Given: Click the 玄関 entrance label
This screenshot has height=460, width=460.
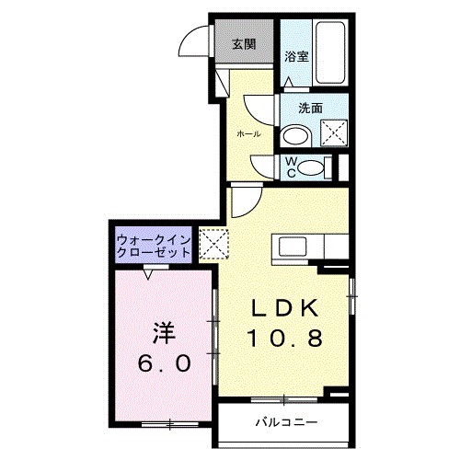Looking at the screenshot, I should coord(243,44).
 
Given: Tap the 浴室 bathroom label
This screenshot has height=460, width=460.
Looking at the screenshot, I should coord(296,55).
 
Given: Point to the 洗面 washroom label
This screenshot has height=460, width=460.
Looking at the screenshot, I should coord(310,108).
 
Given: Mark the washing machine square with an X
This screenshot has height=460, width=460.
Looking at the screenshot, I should coord(333,132).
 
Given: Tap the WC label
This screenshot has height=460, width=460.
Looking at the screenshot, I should coord(290,167).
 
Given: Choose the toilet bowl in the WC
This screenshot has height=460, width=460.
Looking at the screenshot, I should coord(313,167).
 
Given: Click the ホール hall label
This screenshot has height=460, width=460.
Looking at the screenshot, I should coord(248,134).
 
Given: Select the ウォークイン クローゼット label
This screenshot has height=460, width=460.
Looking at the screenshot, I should coord(154,247).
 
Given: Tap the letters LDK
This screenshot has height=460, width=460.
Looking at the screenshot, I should coord(282,308).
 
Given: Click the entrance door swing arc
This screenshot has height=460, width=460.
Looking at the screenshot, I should coord(196,43).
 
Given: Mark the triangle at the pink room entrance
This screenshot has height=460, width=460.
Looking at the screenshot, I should coord(149,273).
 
